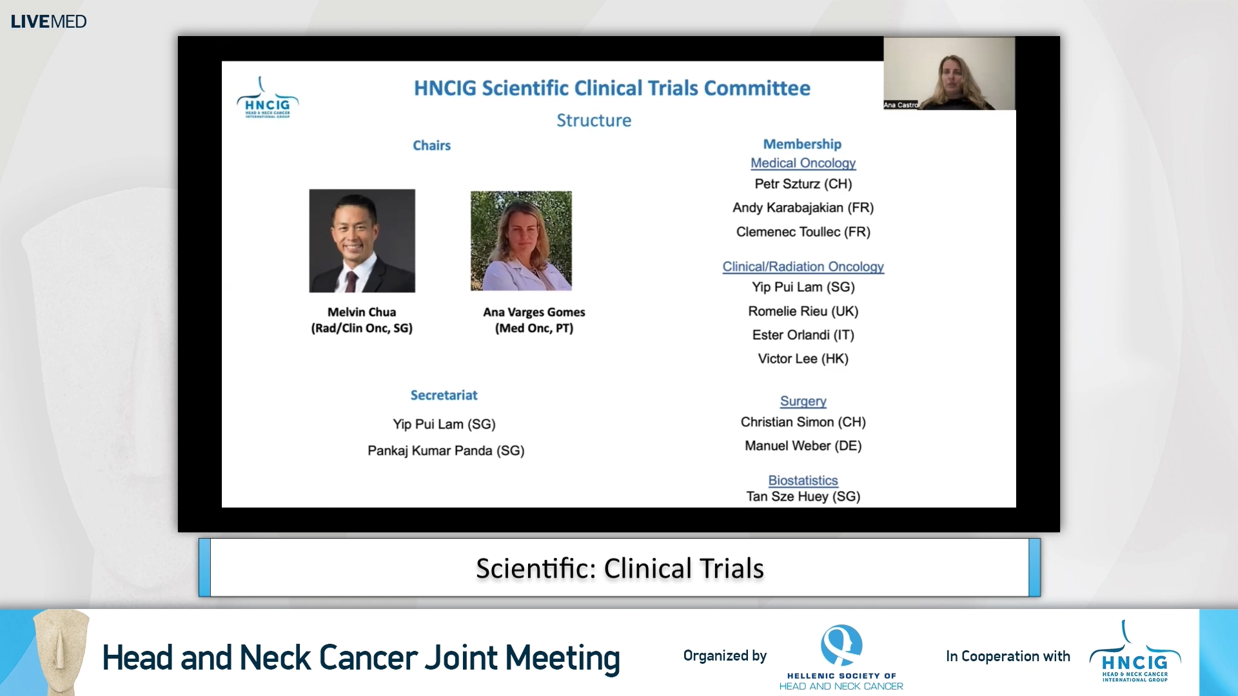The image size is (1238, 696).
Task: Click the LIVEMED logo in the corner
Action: coord(48,21)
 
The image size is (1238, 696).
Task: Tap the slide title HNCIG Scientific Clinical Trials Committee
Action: coord(611,88)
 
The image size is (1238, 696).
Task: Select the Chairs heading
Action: coord(431,146)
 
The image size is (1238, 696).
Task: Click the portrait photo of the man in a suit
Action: coord(362,240)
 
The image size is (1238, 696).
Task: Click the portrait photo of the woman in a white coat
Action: coord(521,240)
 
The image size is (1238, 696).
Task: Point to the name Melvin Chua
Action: coord(362,312)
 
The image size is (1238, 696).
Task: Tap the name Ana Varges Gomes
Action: coord(534,312)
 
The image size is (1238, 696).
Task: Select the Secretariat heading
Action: coord(444,395)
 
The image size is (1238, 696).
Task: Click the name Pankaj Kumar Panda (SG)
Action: coord(446,450)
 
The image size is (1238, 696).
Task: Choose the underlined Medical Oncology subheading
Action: coord(803,163)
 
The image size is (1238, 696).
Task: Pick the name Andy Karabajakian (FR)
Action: coord(803,208)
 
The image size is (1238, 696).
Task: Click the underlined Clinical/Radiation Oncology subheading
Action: coord(803,267)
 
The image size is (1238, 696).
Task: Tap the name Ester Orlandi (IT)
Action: coord(803,335)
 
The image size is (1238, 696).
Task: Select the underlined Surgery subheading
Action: coord(803,401)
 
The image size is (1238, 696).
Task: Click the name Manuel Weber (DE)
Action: coord(803,446)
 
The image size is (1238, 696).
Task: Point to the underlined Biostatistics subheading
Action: coord(803,481)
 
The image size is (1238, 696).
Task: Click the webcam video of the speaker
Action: coord(948,73)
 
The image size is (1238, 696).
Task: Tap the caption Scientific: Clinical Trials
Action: coord(620,568)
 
